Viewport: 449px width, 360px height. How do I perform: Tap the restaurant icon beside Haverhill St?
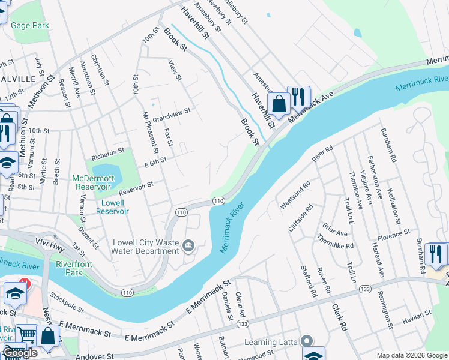298,97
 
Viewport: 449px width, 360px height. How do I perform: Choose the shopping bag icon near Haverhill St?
279,103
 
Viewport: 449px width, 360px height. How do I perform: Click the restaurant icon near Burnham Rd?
436,254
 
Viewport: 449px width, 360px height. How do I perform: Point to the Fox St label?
169,139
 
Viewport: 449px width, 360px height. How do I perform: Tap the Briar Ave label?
335,229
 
